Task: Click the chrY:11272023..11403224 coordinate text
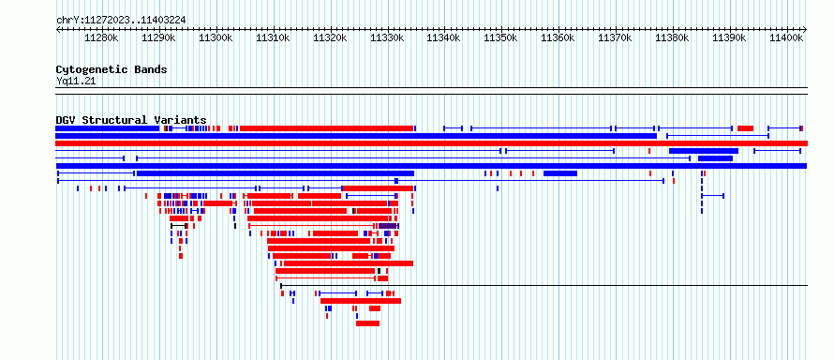121,21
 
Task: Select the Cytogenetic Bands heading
112,69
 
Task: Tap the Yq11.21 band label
76,82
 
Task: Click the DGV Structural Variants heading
131,120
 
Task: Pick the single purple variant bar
388,226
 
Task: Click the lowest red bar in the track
367,323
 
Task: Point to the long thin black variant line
544,286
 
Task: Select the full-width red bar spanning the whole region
431,143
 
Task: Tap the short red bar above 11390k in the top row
745,128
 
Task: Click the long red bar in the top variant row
327,128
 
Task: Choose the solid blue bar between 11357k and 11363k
560,173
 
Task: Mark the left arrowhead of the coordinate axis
58,29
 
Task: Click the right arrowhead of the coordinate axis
805,29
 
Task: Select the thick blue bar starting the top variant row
108,128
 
